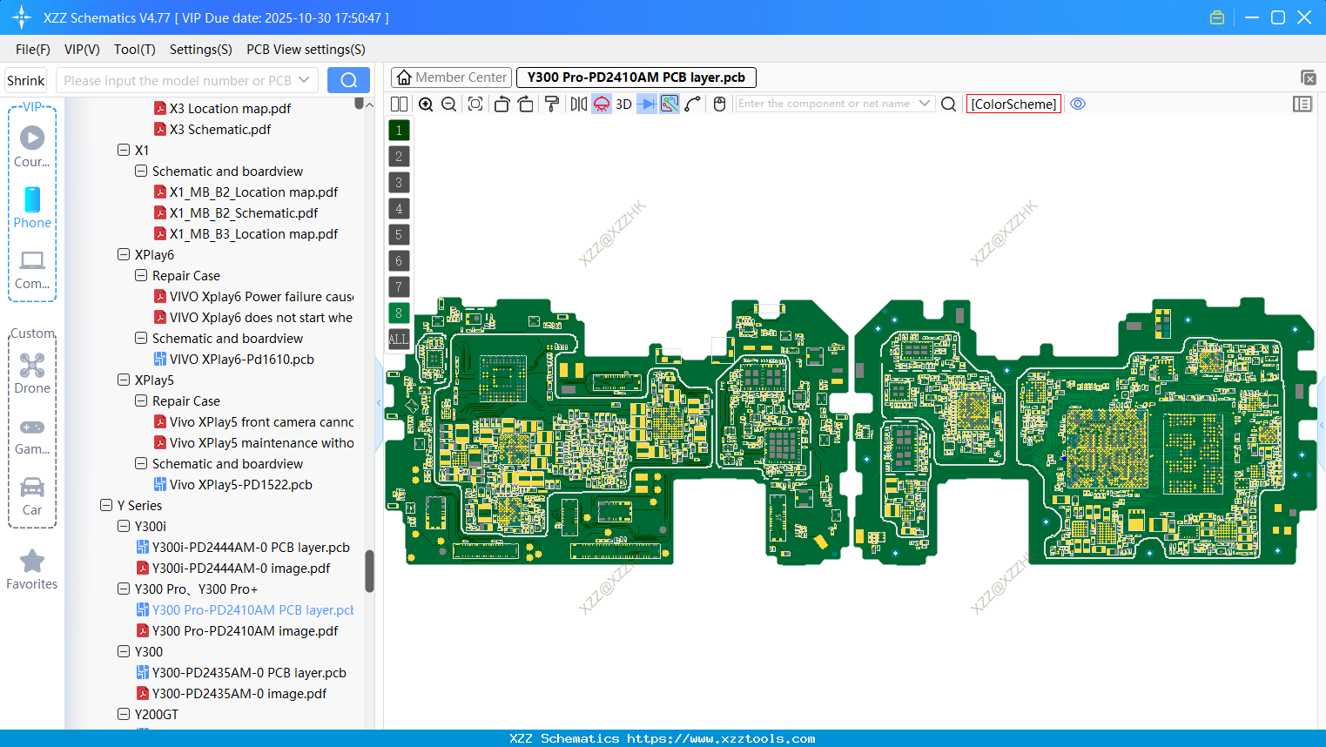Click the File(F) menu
coord(32,50)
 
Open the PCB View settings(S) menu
coord(306,50)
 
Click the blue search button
coord(348,80)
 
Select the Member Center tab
coord(451,77)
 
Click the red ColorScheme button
coord(1013,104)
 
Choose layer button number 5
coord(399,235)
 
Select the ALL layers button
coord(399,340)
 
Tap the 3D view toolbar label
coord(623,104)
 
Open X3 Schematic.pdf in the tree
coord(219,130)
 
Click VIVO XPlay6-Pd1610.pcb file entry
coord(241,360)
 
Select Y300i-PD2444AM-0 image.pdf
coord(240,569)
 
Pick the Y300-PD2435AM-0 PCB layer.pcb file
coord(248,673)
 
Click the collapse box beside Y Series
coord(106,506)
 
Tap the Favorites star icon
coord(32,562)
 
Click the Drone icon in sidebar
coord(32,366)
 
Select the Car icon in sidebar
coord(32,488)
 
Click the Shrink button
coord(25,81)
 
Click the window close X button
coord(1304,17)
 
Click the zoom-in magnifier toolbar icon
coord(426,104)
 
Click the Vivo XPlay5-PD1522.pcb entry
coord(240,485)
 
